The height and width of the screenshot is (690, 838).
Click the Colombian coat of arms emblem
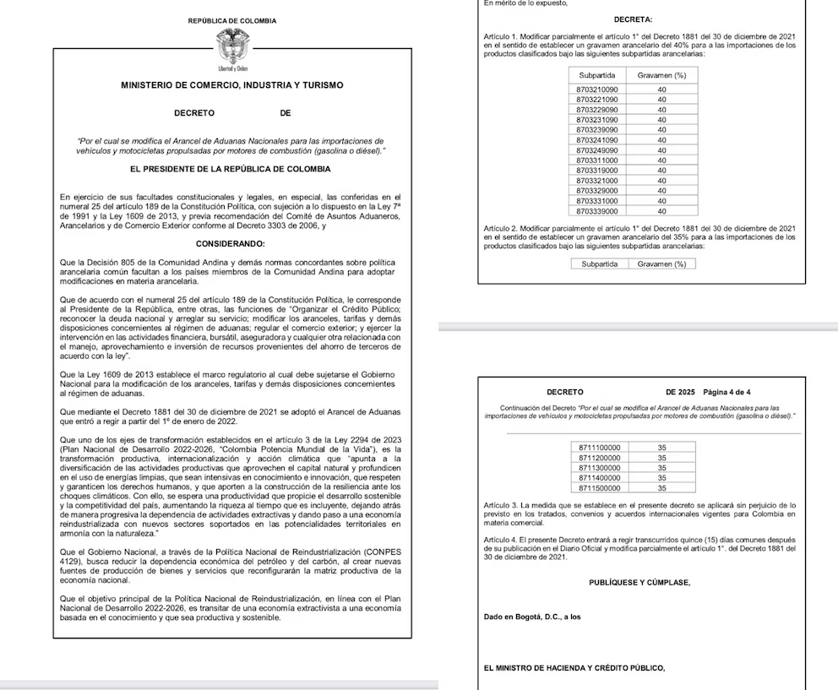pyautogui.click(x=231, y=44)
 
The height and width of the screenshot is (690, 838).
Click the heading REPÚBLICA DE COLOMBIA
pyautogui.click(x=231, y=20)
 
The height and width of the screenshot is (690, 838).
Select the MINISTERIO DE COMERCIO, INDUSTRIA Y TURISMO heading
pyautogui.click(x=231, y=85)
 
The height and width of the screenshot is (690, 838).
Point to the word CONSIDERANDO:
pyautogui.click(x=231, y=244)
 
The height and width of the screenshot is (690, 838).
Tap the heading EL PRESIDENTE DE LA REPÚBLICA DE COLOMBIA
pyautogui.click(x=231, y=169)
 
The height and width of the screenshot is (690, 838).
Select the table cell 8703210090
pyautogui.click(x=597, y=89)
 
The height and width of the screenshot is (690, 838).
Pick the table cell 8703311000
pyautogui.click(x=597, y=160)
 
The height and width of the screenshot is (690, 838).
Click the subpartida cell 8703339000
pyautogui.click(x=597, y=211)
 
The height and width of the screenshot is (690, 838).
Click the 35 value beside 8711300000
pyautogui.click(x=662, y=467)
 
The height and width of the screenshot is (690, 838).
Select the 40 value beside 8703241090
pyautogui.click(x=661, y=139)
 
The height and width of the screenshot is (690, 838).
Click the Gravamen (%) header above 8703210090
pyautogui.click(x=661, y=75)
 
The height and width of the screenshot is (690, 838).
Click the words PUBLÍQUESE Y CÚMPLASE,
pyautogui.click(x=639, y=583)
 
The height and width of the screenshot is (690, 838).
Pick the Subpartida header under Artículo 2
pyautogui.click(x=600, y=264)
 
